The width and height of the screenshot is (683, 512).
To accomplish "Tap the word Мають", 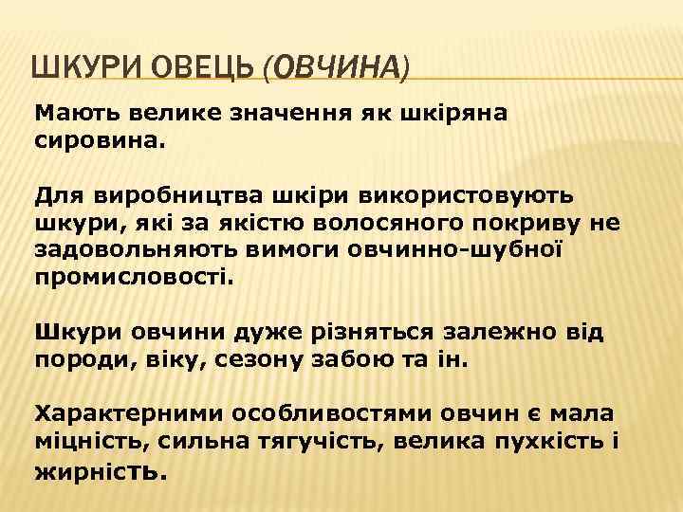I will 70,114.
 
